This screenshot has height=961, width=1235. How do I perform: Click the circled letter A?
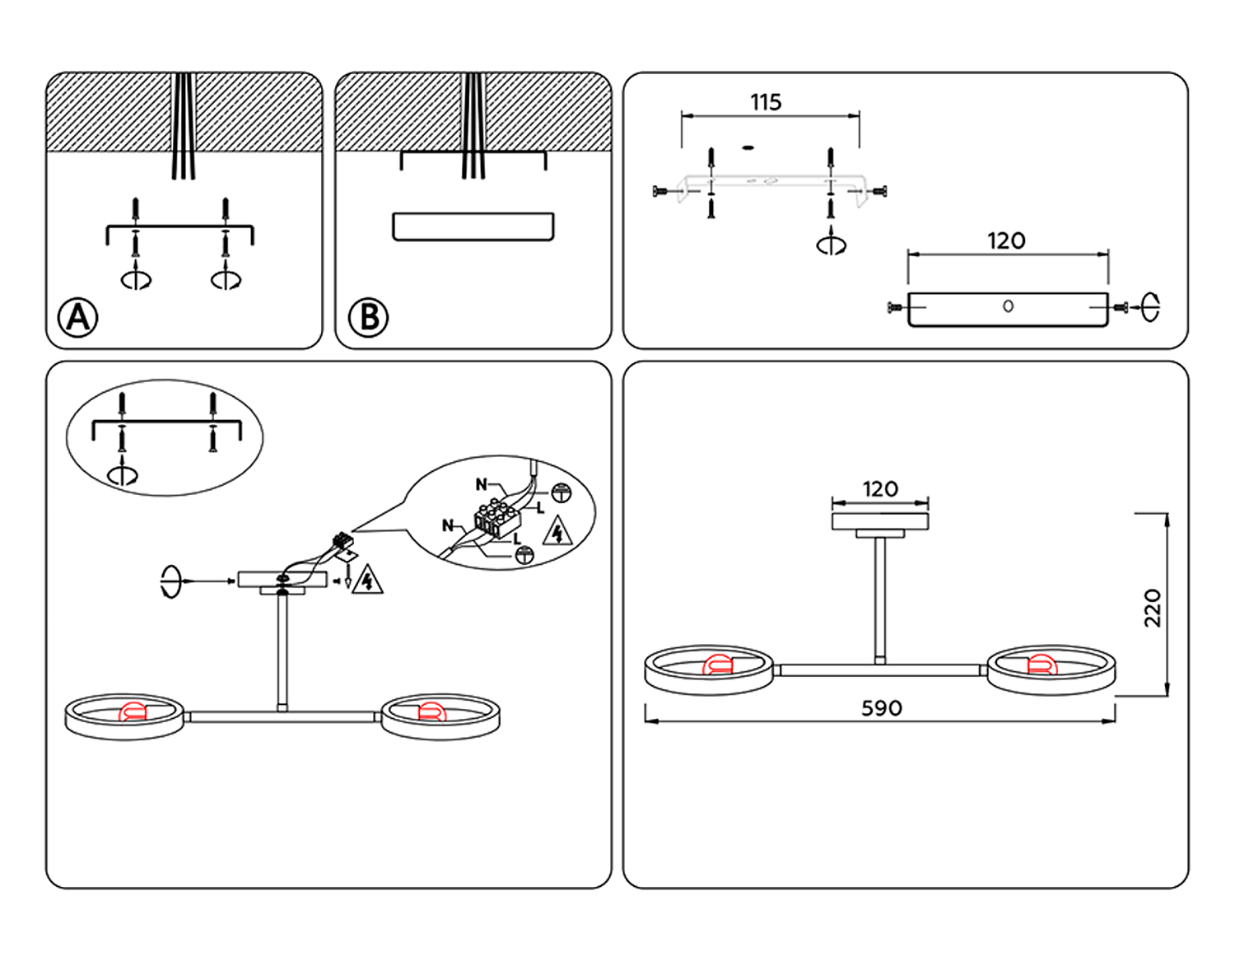coord(78,317)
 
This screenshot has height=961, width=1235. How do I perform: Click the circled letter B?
coord(368,317)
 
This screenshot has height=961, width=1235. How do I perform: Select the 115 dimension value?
coord(766,102)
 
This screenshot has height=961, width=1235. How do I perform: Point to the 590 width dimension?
coord(881,708)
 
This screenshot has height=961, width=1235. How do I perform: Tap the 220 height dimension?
coord(1153,608)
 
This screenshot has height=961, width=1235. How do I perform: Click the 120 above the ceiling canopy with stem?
coord(880,489)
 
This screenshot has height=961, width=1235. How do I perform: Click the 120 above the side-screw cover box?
coord(1006,241)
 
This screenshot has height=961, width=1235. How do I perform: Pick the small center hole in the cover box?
coord(1008,306)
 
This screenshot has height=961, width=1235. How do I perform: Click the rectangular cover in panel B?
coord(473,226)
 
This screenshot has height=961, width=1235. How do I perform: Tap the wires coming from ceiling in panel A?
coord(183,124)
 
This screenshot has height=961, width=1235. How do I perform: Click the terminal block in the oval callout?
coord(496,519)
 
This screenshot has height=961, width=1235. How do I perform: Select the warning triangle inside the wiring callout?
coord(557,532)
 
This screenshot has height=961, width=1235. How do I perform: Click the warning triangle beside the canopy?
coord(366,581)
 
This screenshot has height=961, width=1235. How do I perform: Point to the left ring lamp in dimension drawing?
coord(709,669)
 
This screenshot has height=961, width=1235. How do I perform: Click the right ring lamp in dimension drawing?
coord(1051,669)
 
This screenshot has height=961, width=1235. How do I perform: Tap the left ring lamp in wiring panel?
coord(124,716)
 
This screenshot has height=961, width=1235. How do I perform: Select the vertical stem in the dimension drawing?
coord(880,597)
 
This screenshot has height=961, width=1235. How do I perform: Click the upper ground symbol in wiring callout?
coord(561,493)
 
